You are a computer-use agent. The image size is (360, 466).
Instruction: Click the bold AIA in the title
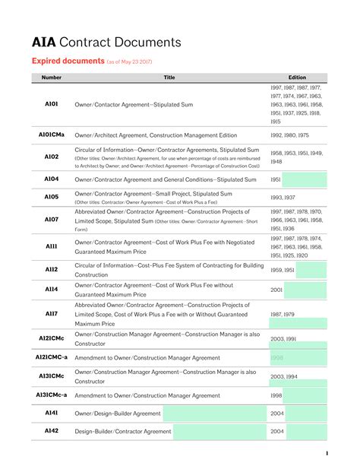pos(44,43)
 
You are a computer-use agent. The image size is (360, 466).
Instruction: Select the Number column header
pos(52,78)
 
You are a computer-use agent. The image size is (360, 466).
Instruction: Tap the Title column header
pos(169,78)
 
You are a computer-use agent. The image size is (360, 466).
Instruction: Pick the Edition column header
pos(297,78)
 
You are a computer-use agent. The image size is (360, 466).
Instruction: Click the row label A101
pos(52,104)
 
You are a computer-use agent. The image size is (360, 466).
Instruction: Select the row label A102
pos(52,157)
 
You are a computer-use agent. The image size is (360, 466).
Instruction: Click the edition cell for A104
pos(276,180)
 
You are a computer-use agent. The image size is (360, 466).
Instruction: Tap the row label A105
pos(52,197)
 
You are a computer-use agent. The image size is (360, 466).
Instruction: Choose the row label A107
pos(52,220)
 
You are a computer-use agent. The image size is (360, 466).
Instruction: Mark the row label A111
pos(52,247)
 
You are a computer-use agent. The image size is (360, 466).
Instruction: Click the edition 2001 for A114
pos(276,290)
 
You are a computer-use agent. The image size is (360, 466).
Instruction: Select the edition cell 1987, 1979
pos(283,314)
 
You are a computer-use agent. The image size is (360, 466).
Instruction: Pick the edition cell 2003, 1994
pos(284,376)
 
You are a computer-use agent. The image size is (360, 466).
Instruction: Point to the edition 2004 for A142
pos(277,432)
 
